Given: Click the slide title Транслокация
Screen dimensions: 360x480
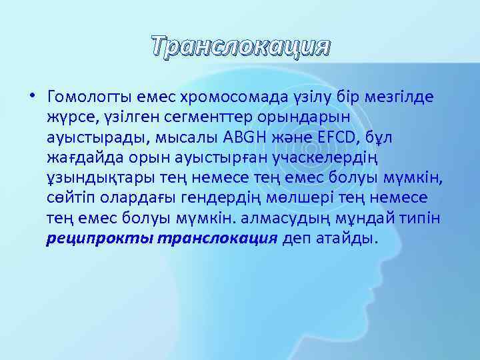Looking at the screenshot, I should (x=240, y=47).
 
